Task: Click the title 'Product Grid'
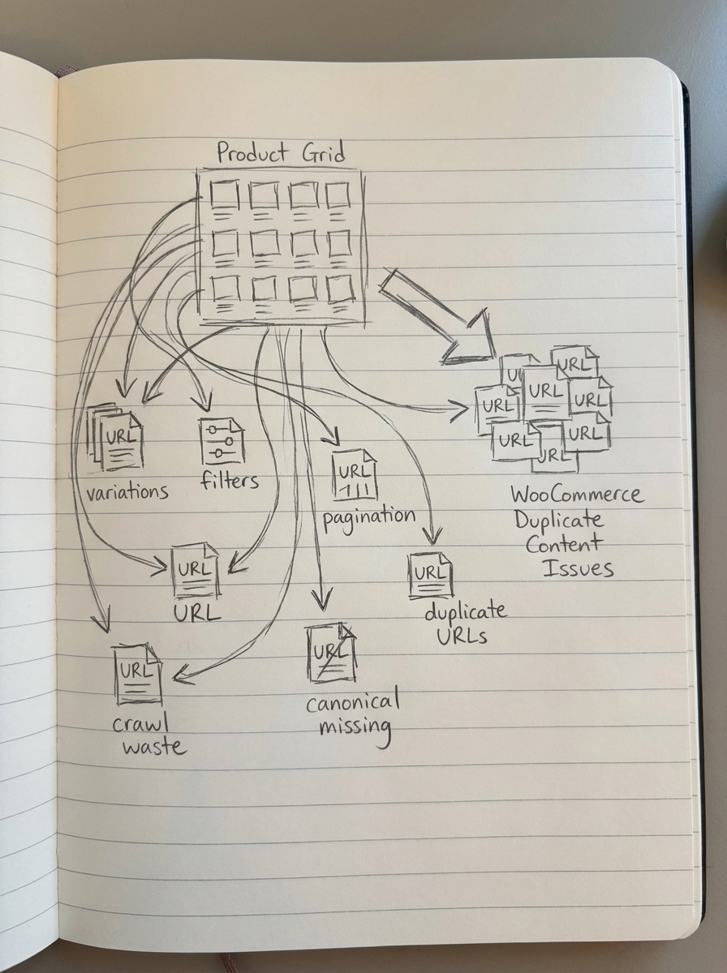point(280,152)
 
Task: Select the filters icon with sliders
point(222,443)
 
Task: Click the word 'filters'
point(230,480)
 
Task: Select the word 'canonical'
point(353,701)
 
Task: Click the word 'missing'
point(355,727)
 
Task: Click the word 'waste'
point(154,745)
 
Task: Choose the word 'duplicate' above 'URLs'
point(465,612)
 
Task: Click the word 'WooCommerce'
point(576,494)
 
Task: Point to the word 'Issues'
point(577,567)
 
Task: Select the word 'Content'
point(564,542)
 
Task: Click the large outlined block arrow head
point(471,336)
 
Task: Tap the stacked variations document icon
point(117,438)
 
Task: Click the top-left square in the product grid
point(224,195)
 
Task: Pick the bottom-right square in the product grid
point(338,287)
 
